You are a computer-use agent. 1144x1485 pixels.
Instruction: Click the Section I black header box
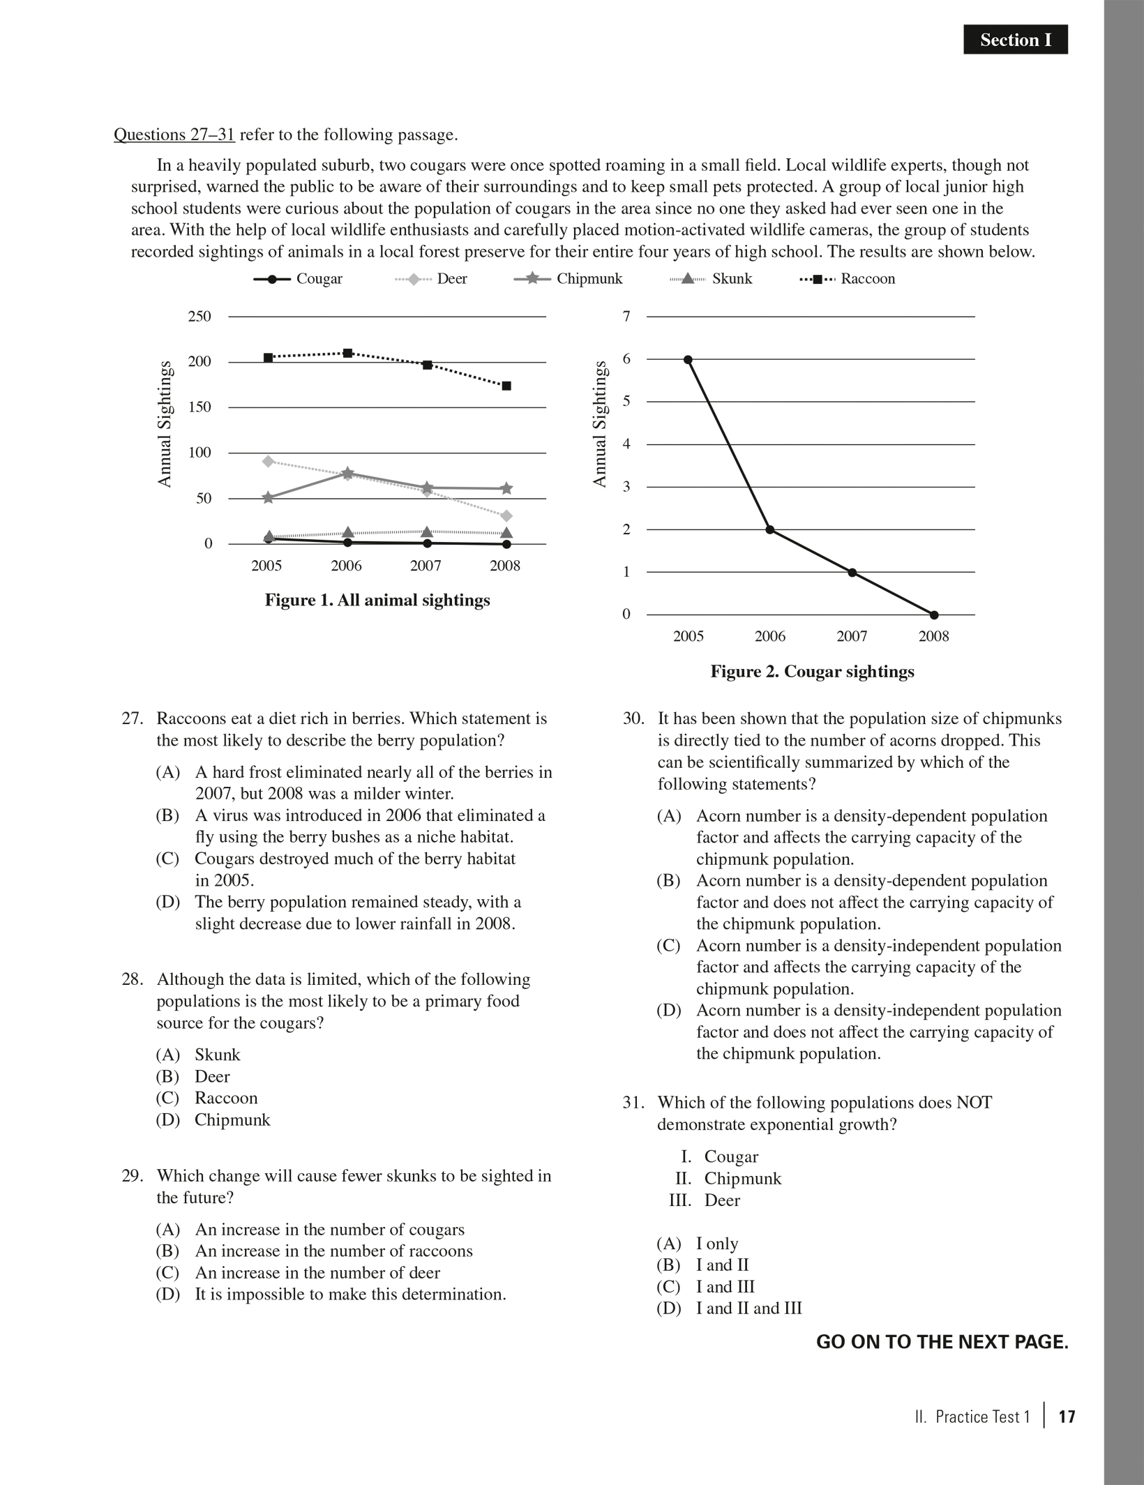pyautogui.click(x=1015, y=40)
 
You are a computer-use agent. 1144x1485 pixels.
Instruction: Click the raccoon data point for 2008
pyautogui.click(x=506, y=386)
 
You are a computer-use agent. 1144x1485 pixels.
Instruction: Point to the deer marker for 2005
pyautogui.click(x=268, y=461)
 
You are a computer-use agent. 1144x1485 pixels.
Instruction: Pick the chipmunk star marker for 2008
pyautogui.click(x=506, y=489)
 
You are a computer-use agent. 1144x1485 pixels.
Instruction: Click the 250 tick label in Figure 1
pyautogui.click(x=199, y=317)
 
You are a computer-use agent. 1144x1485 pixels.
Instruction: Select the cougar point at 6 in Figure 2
pyautogui.click(x=688, y=360)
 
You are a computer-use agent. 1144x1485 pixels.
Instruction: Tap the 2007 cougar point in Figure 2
pyautogui.click(x=852, y=573)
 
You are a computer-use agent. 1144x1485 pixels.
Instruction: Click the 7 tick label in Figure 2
pyautogui.click(x=626, y=317)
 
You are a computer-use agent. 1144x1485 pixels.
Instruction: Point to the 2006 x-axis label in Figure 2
pyautogui.click(x=769, y=636)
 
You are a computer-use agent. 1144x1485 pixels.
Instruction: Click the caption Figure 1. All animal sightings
pyautogui.click(x=377, y=601)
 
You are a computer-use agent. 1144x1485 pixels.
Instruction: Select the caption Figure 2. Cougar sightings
pyautogui.click(x=812, y=672)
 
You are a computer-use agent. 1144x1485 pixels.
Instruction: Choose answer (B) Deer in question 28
pyautogui.click(x=211, y=1076)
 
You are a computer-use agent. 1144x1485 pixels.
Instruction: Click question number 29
pyautogui.click(x=132, y=1176)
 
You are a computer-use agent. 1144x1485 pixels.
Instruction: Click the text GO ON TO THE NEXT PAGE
pyautogui.click(x=942, y=1342)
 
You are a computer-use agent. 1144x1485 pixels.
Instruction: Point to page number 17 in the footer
pyautogui.click(x=1067, y=1417)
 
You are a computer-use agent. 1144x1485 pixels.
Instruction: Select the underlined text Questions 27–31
pyautogui.click(x=174, y=135)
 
